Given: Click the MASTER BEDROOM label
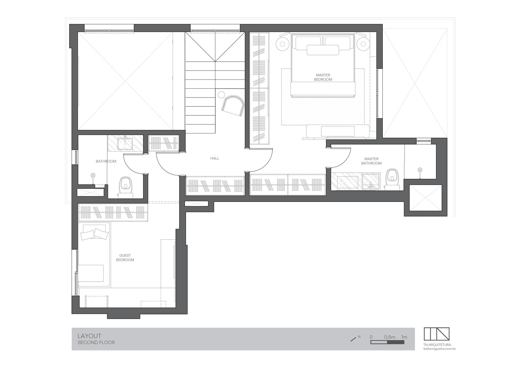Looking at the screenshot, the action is click(x=323, y=77).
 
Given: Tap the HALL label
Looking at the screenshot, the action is click(x=215, y=158).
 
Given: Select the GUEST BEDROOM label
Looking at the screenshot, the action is click(x=125, y=257).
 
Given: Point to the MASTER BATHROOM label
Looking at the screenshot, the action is click(x=371, y=161).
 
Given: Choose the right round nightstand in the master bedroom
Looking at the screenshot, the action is click(x=363, y=43).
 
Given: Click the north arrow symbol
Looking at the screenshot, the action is click(x=353, y=339).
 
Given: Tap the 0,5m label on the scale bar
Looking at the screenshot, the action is click(x=390, y=337).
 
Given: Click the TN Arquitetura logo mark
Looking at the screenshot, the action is click(x=436, y=334).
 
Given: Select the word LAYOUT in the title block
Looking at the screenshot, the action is click(x=89, y=336).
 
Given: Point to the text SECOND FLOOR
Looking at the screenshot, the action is click(x=96, y=342).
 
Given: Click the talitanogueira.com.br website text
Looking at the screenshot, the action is click(x=440, y=349).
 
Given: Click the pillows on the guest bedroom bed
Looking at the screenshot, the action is click(x=94, y=234).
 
